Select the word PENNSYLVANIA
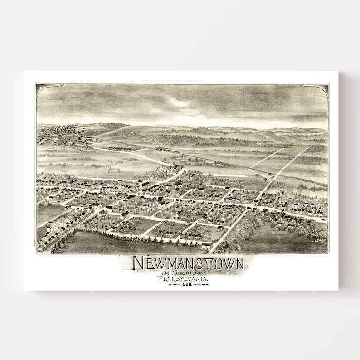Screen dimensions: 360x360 point(180,279)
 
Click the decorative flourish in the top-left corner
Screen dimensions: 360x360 point(41,88)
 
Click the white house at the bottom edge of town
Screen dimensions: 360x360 point(207,246)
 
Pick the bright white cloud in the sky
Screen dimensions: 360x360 point(179,103)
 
